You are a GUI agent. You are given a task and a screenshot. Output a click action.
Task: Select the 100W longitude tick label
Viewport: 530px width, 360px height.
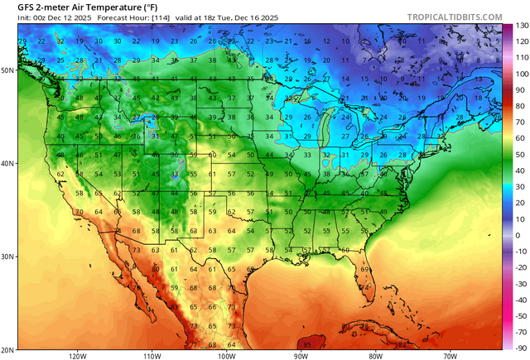226,355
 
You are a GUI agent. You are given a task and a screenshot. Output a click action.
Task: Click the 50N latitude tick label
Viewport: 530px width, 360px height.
8,70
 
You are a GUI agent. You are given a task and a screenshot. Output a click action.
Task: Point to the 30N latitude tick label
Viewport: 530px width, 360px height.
8,257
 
